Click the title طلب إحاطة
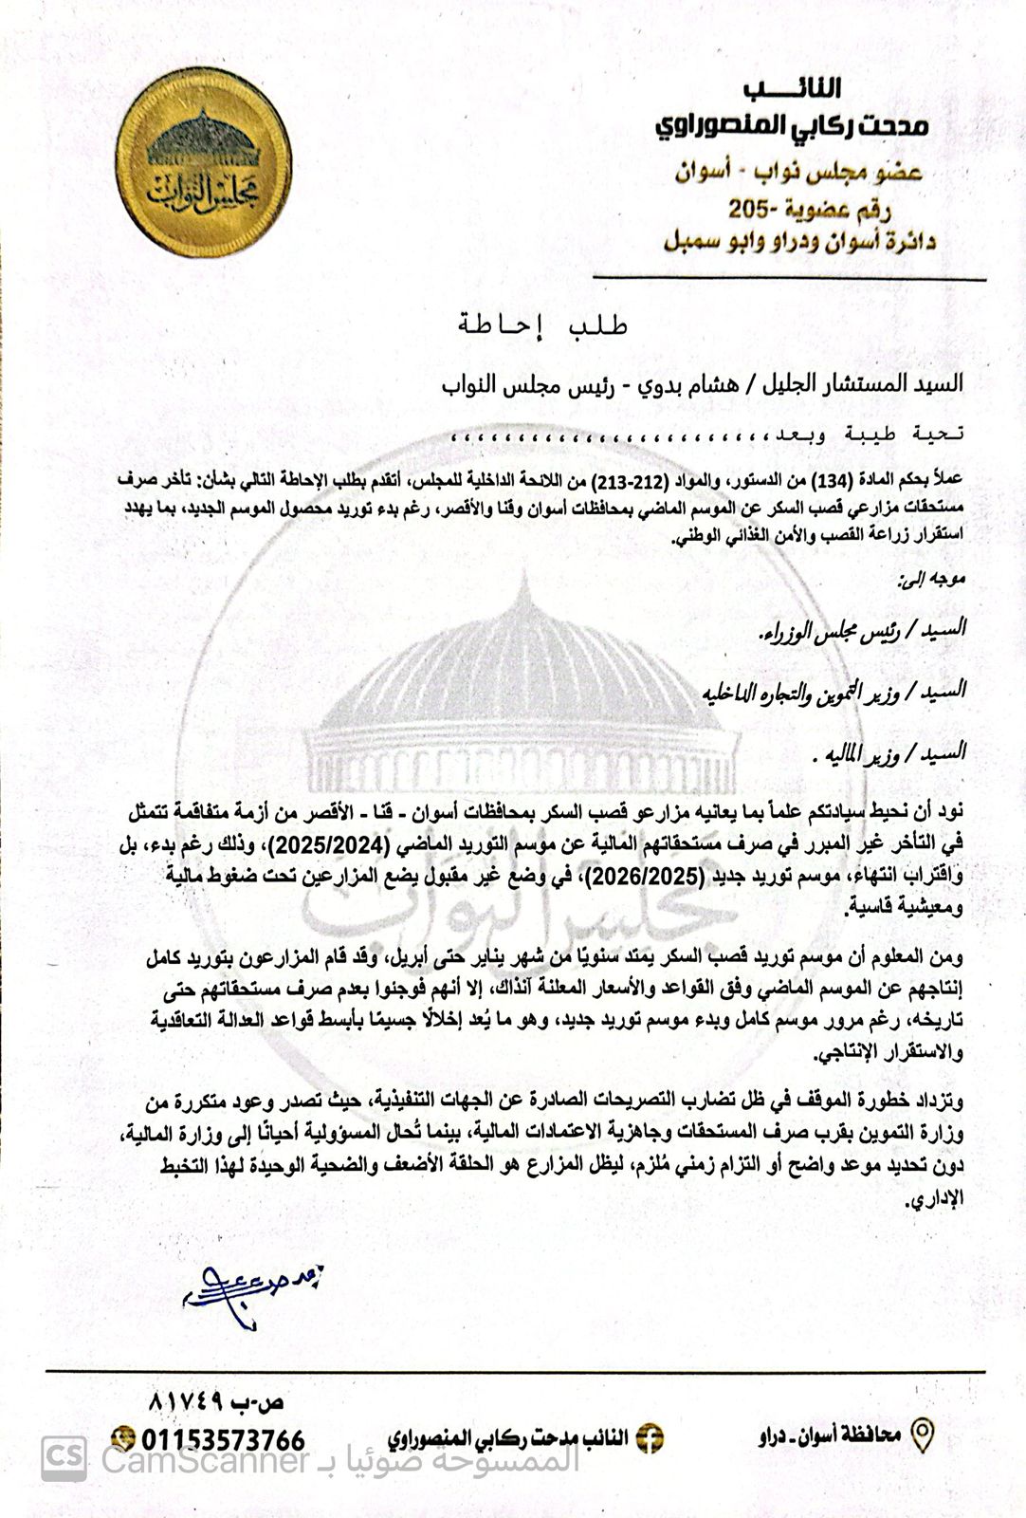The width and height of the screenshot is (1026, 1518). click(542, 325)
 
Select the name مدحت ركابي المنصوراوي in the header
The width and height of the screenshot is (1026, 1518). click(793, 124)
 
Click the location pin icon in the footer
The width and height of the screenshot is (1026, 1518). click(922, 1435)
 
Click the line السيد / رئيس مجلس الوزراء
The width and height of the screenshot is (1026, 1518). click(864, 629)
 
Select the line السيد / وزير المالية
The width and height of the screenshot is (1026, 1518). click(892, 753)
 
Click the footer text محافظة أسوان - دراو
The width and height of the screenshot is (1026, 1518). click(830, 1436)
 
